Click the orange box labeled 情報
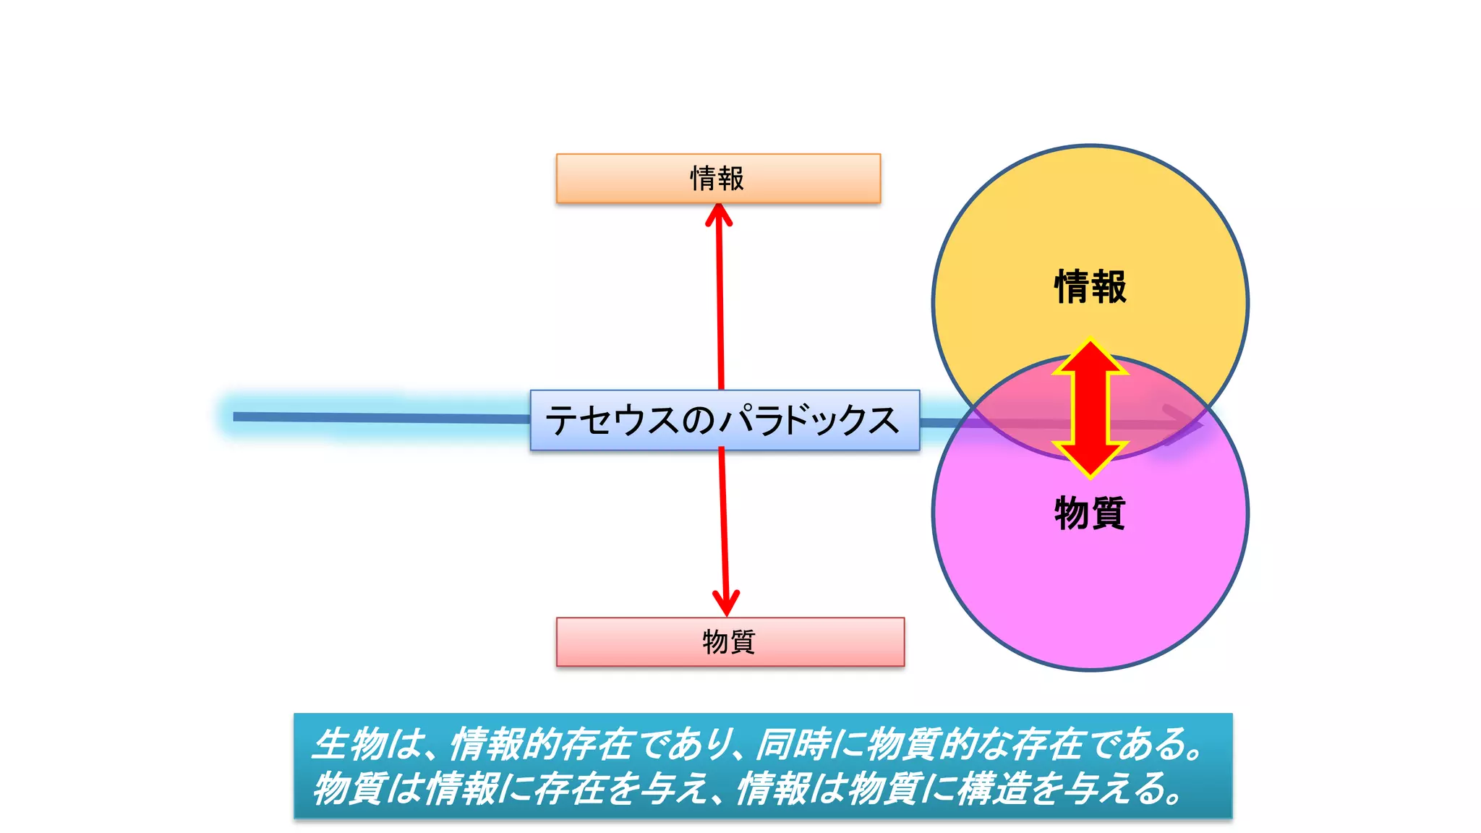(717, 178)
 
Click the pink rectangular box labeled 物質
(730, 641)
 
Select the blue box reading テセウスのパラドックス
(724, 420)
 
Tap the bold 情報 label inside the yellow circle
(1090, 286)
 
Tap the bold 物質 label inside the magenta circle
(1090, 513)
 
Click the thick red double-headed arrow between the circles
(1090, 409)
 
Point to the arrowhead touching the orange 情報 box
(719, 215)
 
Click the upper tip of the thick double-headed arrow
(1091, 343)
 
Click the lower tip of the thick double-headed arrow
(1091, 474)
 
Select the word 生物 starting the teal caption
(350, 744)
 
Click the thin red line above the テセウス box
(720, 304)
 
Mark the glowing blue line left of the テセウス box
(376, 417)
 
